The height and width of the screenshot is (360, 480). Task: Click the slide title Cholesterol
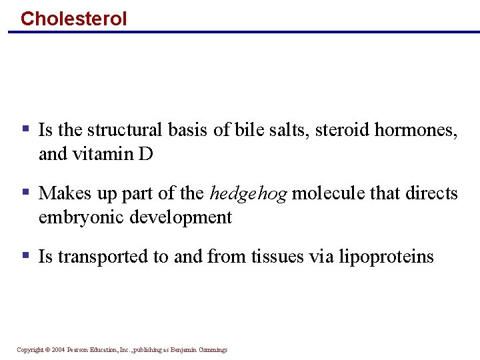click(x=73, y=18)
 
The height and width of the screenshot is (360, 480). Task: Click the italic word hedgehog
click(x=248, y=194)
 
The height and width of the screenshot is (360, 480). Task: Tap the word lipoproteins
click(x=386, y=257)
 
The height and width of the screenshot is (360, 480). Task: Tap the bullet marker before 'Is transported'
click(x=25, y=255)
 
